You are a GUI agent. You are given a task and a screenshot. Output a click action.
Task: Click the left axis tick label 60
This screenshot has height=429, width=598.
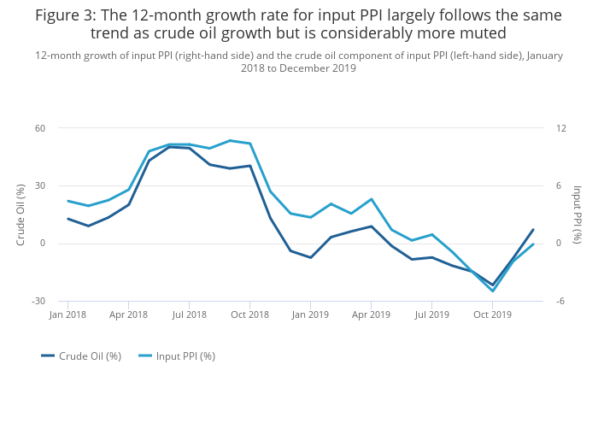40,128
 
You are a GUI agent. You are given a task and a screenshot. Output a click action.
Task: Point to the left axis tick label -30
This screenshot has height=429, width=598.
38,302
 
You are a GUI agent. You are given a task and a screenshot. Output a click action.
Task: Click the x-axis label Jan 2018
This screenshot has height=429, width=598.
67,314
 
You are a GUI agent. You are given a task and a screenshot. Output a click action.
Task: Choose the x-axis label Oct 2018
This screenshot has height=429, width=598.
249,314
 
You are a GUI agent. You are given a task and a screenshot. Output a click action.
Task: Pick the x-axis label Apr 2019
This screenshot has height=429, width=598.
371,314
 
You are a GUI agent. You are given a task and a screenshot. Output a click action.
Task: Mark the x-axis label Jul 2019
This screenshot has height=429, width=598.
432,314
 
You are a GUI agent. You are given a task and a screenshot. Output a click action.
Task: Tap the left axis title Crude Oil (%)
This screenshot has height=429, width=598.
21,215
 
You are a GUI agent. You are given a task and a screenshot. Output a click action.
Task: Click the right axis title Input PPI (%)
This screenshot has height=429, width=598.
577,215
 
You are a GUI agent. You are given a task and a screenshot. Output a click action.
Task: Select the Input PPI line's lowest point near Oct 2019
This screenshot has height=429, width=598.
493,291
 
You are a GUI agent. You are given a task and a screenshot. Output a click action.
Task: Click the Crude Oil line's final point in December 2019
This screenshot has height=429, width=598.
533,229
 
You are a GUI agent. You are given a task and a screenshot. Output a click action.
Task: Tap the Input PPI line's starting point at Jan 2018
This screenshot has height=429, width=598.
67,201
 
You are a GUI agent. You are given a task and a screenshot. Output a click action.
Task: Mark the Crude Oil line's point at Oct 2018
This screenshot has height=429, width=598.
249,166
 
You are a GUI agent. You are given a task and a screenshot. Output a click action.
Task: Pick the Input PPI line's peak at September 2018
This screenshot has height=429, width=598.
230,140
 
